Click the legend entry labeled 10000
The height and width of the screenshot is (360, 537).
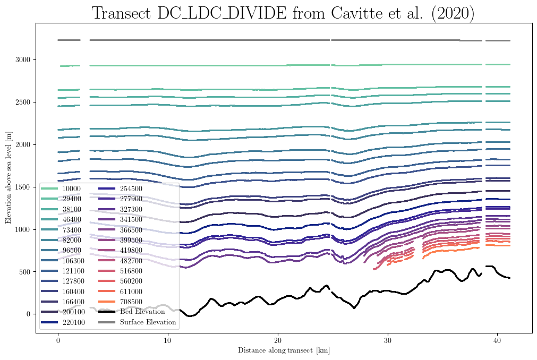(x=61, y=188)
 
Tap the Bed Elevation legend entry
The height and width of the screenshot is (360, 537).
(x=132, y=311)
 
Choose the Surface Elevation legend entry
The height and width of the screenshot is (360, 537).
(x=137, y=322)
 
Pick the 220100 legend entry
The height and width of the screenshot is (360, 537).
(x=63, y=322)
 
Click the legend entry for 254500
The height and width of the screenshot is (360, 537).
(x=120, y=188)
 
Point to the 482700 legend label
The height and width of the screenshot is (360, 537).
(x=131, y=260)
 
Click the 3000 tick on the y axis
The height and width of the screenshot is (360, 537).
(x=23, y=59)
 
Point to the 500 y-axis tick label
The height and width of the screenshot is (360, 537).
(x=24, y=272)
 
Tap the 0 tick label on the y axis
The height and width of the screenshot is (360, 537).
(x=29, y=314)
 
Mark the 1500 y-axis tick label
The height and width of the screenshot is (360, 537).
(x=23, y=187)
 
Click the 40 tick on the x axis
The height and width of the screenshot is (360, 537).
(x=497, y=340)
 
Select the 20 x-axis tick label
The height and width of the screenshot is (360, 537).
(x=278, y=340)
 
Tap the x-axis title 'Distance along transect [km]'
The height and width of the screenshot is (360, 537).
(x=284, y=350)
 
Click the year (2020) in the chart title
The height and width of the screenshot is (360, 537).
(x=453, y=13)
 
